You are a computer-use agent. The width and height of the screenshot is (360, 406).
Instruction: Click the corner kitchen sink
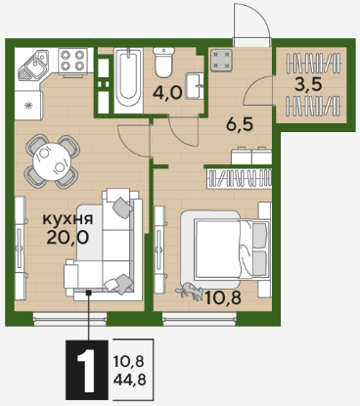[x=32, y=66]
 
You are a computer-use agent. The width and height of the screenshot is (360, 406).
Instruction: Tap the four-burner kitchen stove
[x=72, y=61]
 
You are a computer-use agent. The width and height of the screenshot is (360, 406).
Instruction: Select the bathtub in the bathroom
[x=128, y=80]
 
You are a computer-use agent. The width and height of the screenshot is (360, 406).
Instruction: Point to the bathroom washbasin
[x=195, y=85]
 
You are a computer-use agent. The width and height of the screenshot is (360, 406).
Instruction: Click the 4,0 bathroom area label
[x=167, y=94]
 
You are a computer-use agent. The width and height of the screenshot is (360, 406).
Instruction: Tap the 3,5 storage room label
[x=308, y=84]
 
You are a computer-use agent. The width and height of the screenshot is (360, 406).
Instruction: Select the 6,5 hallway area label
[x=240, y=124]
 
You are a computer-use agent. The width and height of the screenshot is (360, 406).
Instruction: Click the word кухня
[x=67, y=219]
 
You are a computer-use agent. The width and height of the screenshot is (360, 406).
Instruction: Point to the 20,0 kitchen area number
[x=67, y=238]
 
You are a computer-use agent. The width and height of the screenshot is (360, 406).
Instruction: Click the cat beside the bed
[x=189, y=292]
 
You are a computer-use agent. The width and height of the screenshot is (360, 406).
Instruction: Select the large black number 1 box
[x=87, y=370]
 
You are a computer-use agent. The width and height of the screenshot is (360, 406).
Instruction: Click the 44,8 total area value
[x=129, y=380]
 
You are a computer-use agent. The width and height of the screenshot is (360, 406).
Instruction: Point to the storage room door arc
[x=256, y=88]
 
